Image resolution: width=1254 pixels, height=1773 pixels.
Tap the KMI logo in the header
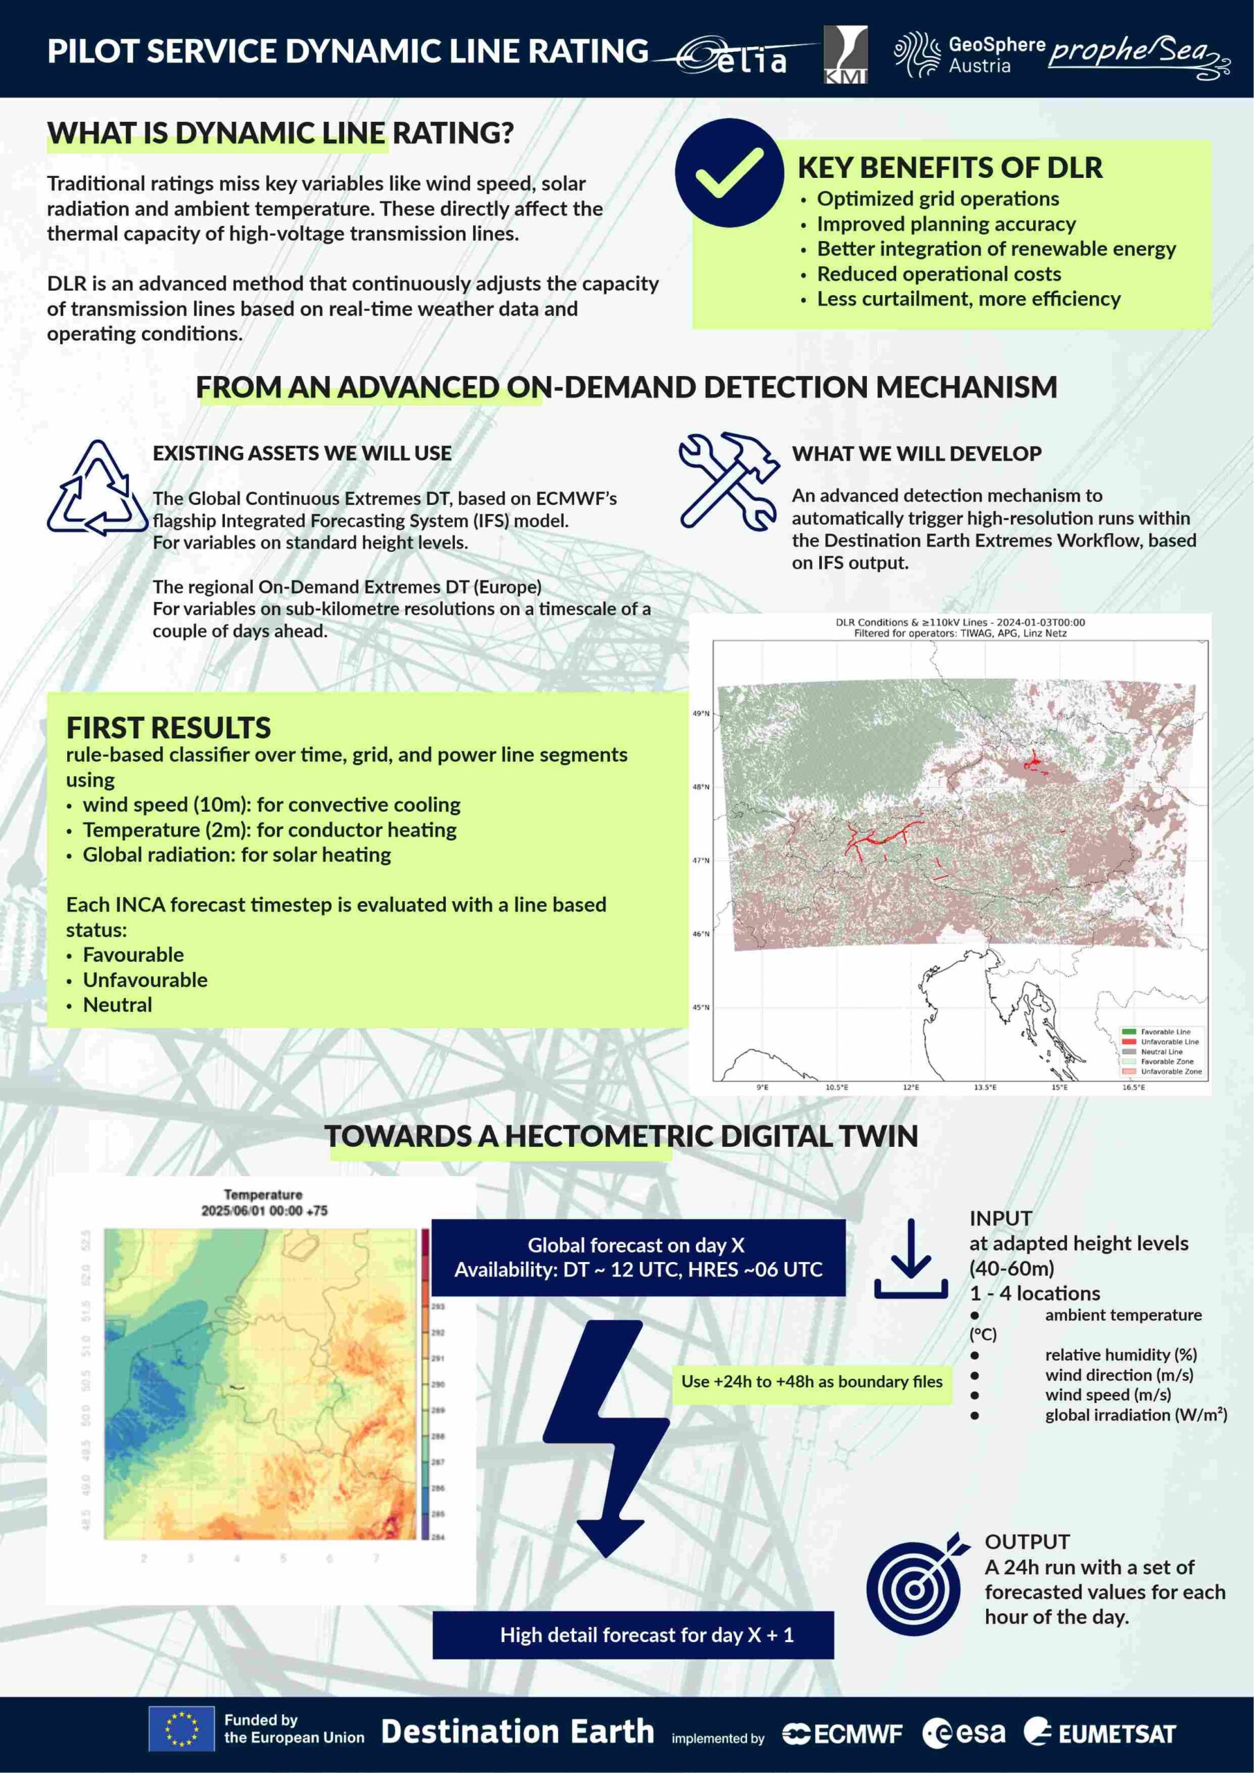click(x=845, y=54)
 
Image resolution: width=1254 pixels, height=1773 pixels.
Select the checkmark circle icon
click(x=729, y=172)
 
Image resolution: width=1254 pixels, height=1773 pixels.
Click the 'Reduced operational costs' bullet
click(x=938, y=274)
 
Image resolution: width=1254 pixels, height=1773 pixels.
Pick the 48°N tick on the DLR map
click(x=700, y=787)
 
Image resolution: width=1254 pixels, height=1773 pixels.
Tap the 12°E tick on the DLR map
click(x=911, y=1087)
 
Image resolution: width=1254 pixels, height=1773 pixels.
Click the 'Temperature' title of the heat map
click(x=262, y=1195)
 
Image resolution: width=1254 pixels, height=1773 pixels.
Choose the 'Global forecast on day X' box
click(x=638, y=1257)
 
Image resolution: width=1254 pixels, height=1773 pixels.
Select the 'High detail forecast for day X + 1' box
click(x=632, y=1634)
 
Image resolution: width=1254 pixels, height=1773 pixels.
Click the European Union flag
click(x=181, y=1729)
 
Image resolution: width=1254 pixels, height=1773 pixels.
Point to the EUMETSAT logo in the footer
click(x=1100, y=1733)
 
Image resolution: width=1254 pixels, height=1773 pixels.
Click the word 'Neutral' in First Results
click(x=118, y=1005)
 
